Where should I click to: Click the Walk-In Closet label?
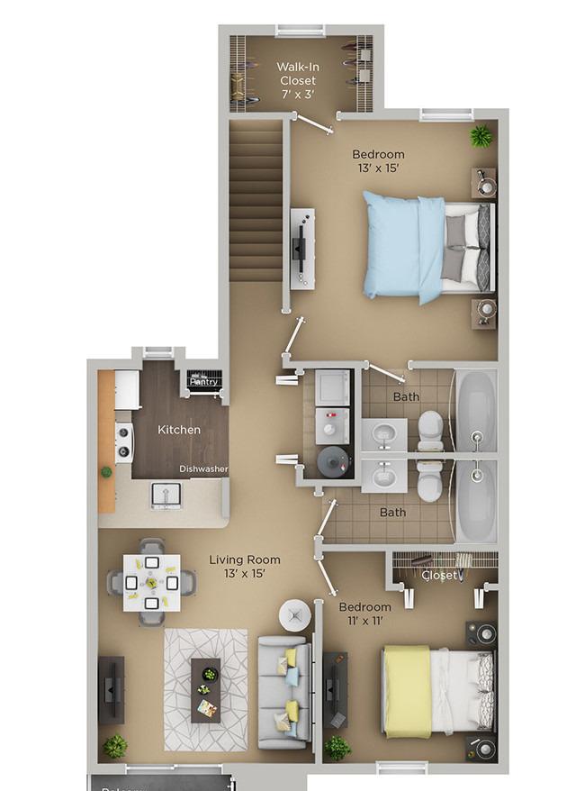coord(297,79)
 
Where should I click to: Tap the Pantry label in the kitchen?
coord(203,382)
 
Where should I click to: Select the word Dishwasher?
coord(202,468)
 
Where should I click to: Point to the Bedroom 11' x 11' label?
coord(364,614)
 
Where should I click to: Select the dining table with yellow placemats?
coord(151,581)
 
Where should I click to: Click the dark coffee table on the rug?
coord(206,689)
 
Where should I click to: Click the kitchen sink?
coord(166,494)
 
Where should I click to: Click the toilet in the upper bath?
coord(431,431)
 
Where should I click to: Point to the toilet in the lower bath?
coord(431,484)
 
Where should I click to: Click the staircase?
coord(256,203)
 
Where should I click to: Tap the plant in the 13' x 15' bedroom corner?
coord(481,136)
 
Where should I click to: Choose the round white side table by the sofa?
coord(294,616)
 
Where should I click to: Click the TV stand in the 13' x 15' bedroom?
coord(302,249)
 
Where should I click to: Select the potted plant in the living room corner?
coord(114,746)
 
